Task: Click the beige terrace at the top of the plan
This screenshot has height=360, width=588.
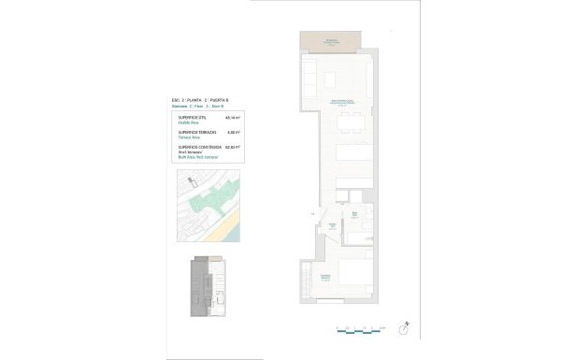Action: pos(330,42)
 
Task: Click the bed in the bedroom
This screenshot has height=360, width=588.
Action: pos(355,277)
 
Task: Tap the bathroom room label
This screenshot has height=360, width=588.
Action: pos(354,215)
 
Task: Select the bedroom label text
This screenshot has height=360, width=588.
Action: pos(326,277)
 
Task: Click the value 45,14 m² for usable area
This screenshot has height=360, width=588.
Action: pos(234,118)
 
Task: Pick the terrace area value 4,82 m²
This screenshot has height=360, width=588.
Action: pos(234,132)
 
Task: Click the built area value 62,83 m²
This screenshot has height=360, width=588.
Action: pos(234,147)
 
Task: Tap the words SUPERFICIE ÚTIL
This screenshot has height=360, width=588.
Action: pos(192,118)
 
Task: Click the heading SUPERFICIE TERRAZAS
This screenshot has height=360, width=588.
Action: pos(196,132)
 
